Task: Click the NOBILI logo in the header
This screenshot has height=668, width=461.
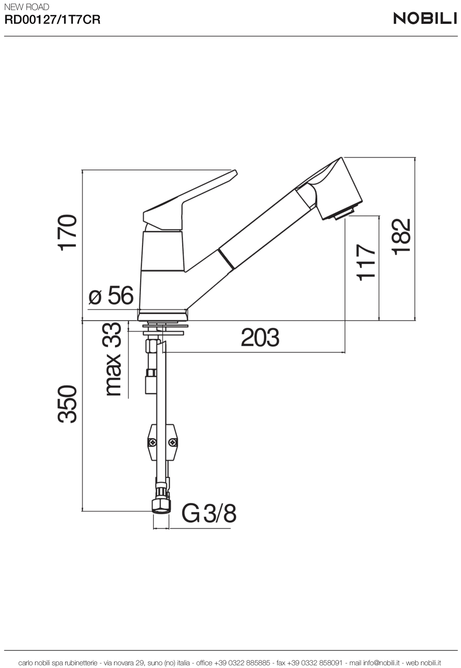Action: [425, 18]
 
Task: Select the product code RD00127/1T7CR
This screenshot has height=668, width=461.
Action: [52, 20]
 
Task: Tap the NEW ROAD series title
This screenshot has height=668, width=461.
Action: [27, 7]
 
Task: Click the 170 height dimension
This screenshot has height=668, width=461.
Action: [68, 233]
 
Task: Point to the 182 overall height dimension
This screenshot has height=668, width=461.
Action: [402, 237]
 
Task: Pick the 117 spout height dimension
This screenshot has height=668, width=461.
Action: [366, 262]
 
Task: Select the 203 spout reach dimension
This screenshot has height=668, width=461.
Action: [260, 338]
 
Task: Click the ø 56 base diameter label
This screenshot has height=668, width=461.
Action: [111, 295]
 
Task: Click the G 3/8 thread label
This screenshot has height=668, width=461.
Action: [209, 514]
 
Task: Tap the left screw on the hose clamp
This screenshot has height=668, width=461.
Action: [152, 442]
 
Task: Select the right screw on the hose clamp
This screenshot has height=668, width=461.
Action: [172, 442]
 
